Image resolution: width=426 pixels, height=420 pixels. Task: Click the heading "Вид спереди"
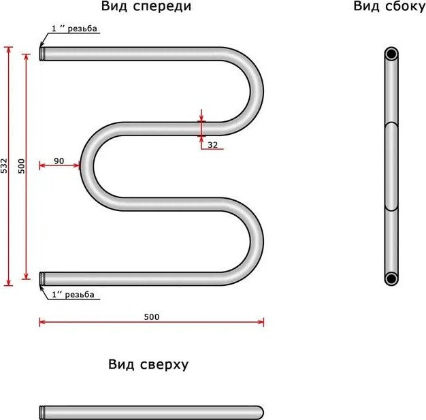coord(146,7)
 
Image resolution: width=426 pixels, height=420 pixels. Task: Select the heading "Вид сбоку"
coord(390,7)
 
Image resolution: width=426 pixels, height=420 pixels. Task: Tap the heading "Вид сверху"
coord(148,365)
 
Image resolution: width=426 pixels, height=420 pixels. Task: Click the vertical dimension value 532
coord(4,165)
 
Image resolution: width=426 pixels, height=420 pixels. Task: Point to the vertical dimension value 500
coord(21,166)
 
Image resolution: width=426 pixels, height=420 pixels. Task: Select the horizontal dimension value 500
coord(152,317)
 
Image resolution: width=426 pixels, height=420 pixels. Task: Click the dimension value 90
coord(59,161)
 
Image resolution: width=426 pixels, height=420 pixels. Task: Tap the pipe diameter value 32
coord(213,145)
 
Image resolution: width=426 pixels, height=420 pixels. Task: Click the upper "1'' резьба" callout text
coord(74,29)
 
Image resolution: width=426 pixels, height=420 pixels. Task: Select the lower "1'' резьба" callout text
coord(73,294)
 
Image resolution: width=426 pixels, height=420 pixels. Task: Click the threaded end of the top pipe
coord(42,54)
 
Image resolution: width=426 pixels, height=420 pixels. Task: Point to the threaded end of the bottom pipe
coord(42,278)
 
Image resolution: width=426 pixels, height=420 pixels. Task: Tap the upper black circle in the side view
coord(391,54)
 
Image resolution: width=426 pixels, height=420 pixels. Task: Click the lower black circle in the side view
coord(391,278)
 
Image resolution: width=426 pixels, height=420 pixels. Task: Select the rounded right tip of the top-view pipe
coord(260,413)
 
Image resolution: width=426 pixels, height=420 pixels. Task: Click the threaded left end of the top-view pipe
coord(42,413)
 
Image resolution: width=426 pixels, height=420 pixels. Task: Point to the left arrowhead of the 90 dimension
coord(42,165)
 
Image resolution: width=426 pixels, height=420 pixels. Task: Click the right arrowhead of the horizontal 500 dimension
coord(261,323)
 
